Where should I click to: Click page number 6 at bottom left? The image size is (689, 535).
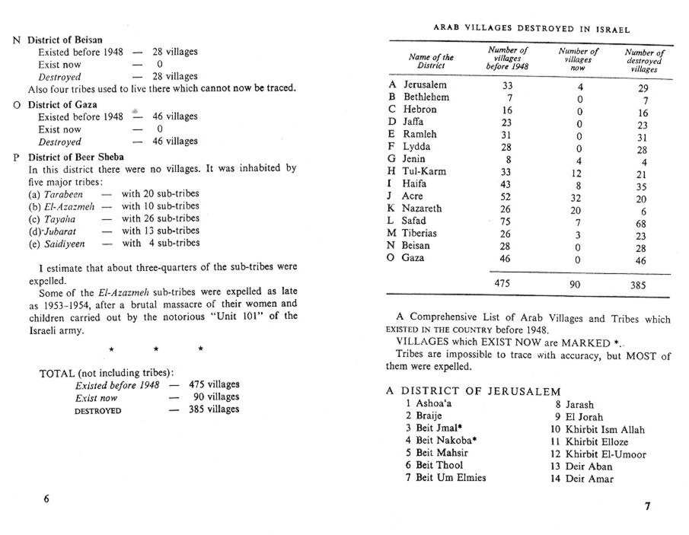(x=46, y=498)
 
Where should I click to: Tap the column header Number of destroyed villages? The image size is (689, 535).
(x=643, y=62)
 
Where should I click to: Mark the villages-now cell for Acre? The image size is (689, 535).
(x=579, y=196)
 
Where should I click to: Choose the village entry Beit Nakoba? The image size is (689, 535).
(x=441, y=441)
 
